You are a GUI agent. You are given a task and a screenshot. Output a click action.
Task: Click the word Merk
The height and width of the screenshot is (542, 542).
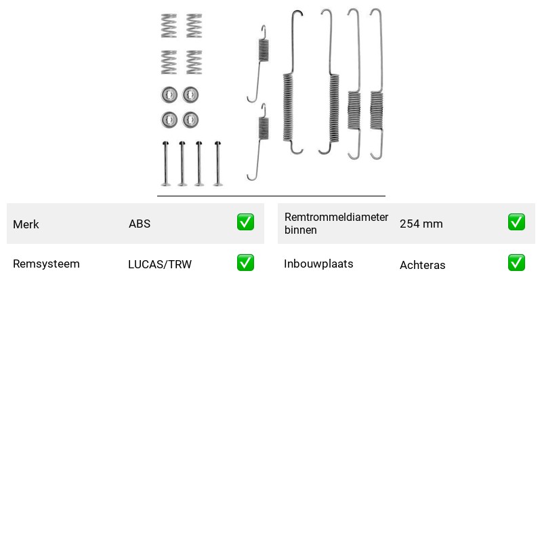(26, 224)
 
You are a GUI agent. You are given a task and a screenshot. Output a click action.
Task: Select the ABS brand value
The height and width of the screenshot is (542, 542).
(140, 224)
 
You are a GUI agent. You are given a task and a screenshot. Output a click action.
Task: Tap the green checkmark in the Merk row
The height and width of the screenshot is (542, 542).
(245, 222)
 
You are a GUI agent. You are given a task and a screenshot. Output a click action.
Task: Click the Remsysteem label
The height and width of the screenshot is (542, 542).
(46, 264)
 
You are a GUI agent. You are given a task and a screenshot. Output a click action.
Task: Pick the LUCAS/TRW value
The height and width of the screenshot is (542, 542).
(160, 264)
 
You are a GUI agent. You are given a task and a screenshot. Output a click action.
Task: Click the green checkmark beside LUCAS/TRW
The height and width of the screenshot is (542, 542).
(245, 262)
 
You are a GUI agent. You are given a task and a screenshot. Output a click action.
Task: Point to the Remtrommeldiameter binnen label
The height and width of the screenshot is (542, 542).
(336, 224)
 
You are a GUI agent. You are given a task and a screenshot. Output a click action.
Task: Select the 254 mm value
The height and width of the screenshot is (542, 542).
(421, 224)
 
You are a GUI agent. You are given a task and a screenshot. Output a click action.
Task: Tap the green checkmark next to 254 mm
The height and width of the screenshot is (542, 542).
(516, 222)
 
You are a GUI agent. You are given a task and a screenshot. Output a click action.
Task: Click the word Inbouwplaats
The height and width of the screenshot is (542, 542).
(318, 264)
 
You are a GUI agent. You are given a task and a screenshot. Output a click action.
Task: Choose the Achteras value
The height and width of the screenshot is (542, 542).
(422, 265)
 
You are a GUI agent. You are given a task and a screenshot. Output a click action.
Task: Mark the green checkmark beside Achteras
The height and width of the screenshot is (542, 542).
(516, 262)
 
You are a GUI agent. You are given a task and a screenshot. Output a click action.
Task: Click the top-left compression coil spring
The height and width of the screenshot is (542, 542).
(169, 26)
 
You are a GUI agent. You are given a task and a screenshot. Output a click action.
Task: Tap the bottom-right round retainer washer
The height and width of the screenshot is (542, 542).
(190, 120)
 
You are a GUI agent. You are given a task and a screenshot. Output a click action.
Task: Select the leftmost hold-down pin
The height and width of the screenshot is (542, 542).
(165, 163)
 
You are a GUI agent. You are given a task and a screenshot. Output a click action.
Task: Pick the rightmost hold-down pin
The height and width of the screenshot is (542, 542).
(217, 163)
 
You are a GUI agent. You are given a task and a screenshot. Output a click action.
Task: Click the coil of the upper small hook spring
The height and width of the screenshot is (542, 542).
(264, 50)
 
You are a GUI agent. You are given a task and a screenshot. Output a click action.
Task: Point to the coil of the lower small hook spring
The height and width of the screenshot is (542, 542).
(264, 129)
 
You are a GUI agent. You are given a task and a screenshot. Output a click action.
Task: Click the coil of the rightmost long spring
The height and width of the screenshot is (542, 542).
(377, 110)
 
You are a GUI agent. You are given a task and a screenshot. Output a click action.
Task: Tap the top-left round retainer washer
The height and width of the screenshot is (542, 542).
(169, 94)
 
